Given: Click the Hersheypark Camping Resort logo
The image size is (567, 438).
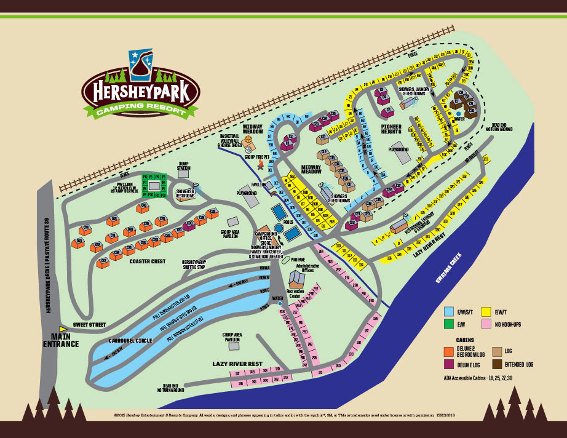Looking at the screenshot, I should pyautogui.click(x=140, y=86).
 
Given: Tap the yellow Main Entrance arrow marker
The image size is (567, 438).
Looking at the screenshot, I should pyautogui.click(x=62, y=329).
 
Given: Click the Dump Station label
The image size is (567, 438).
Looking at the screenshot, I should pyautogui.click(x=184, y=166).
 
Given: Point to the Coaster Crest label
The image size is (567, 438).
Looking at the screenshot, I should pyautogui.click(x=147, y=261).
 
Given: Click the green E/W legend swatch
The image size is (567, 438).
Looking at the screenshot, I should pyautogui.click(x=448, y=324).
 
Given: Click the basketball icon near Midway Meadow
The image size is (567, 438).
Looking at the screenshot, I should pyautogui.click(x=248, y=147).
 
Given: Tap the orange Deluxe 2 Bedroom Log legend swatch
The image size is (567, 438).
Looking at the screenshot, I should pyautogui.click(x=448, y=351).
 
